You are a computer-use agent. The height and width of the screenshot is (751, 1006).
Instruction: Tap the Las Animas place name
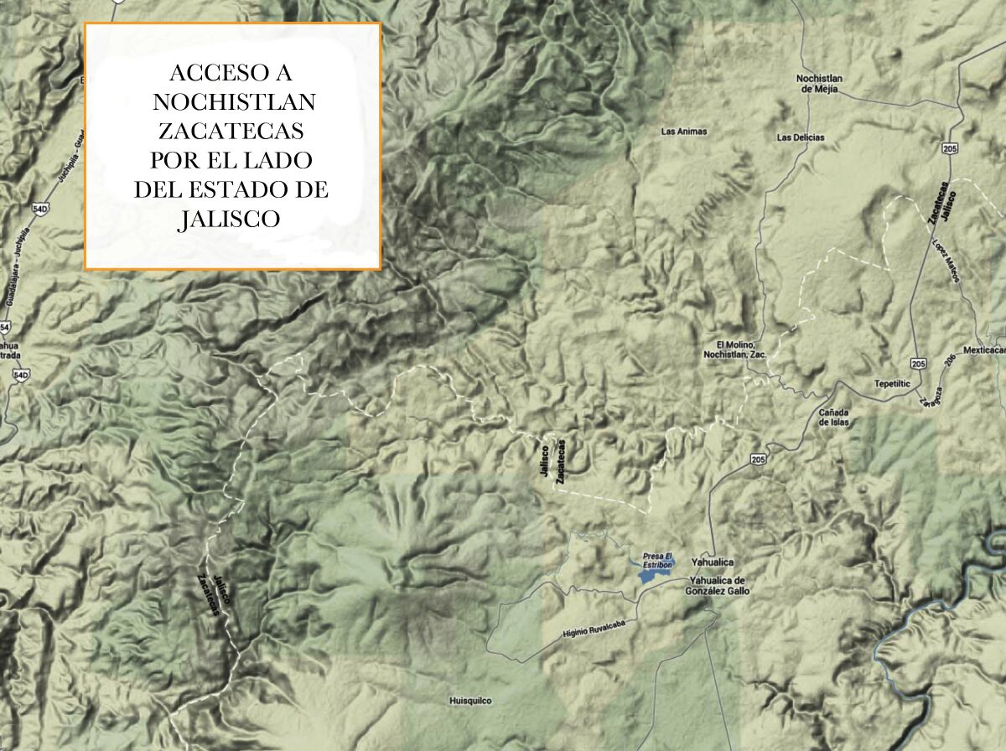point(684,132)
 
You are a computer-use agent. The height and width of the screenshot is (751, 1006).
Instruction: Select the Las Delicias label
point(801,137)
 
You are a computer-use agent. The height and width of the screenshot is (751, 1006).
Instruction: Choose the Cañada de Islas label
point(834,417)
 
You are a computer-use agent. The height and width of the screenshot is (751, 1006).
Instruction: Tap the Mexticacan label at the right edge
point(984,350)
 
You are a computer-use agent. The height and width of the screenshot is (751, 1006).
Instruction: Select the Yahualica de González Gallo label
point(717,586)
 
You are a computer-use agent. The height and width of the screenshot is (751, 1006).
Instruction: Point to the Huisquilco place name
point(469,701)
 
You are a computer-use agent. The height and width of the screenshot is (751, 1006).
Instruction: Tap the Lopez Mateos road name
point(945,261)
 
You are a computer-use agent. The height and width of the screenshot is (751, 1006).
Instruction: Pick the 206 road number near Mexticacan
point(950,360)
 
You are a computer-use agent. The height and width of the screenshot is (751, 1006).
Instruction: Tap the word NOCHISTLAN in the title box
point(234,101)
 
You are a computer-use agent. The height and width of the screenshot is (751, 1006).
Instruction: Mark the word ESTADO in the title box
point(246,189)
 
